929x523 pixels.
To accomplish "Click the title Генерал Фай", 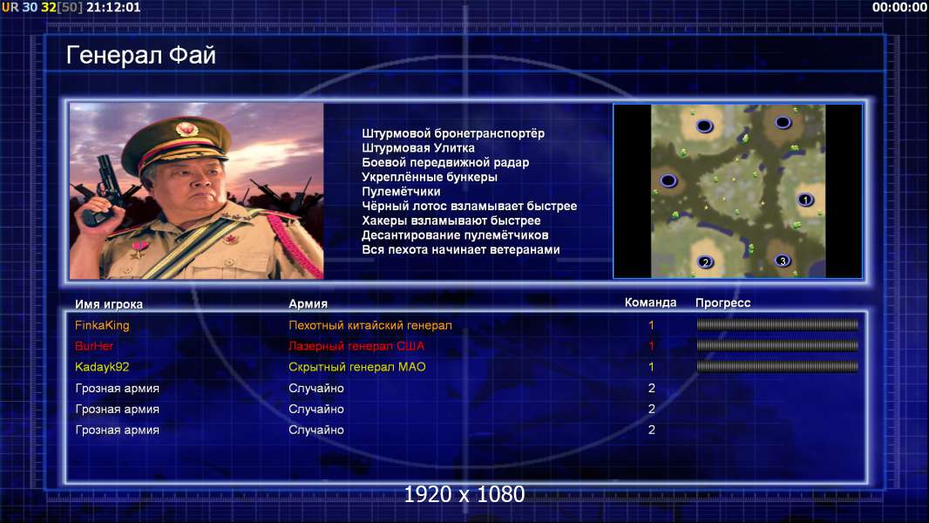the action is point(141,55).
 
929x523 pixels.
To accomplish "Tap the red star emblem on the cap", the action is point(186,128).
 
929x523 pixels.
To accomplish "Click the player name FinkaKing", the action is point(102,325).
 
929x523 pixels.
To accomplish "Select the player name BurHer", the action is point(94,346).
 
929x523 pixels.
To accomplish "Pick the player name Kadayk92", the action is point(102,367).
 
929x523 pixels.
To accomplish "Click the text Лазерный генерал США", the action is point(356,346).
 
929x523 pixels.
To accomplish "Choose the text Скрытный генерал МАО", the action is point(357,367).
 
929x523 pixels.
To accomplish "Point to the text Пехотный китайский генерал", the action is point(370,325).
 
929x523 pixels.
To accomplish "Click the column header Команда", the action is point(650,302).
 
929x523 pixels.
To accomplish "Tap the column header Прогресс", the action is point(722,303).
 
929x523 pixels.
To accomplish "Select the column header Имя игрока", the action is point(108,304).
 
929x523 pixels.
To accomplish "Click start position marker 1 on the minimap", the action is point(805,200).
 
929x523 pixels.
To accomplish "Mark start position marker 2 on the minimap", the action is point(705,261).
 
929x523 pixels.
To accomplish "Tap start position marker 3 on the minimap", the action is point(783,261).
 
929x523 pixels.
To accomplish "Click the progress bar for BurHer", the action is point(777,345).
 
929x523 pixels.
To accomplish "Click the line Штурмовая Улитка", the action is point(418,148).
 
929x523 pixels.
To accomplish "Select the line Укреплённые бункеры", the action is point(430,177).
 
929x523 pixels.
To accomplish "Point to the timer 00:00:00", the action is point(899,7).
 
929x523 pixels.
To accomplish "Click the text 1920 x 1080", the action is point(464,494).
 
